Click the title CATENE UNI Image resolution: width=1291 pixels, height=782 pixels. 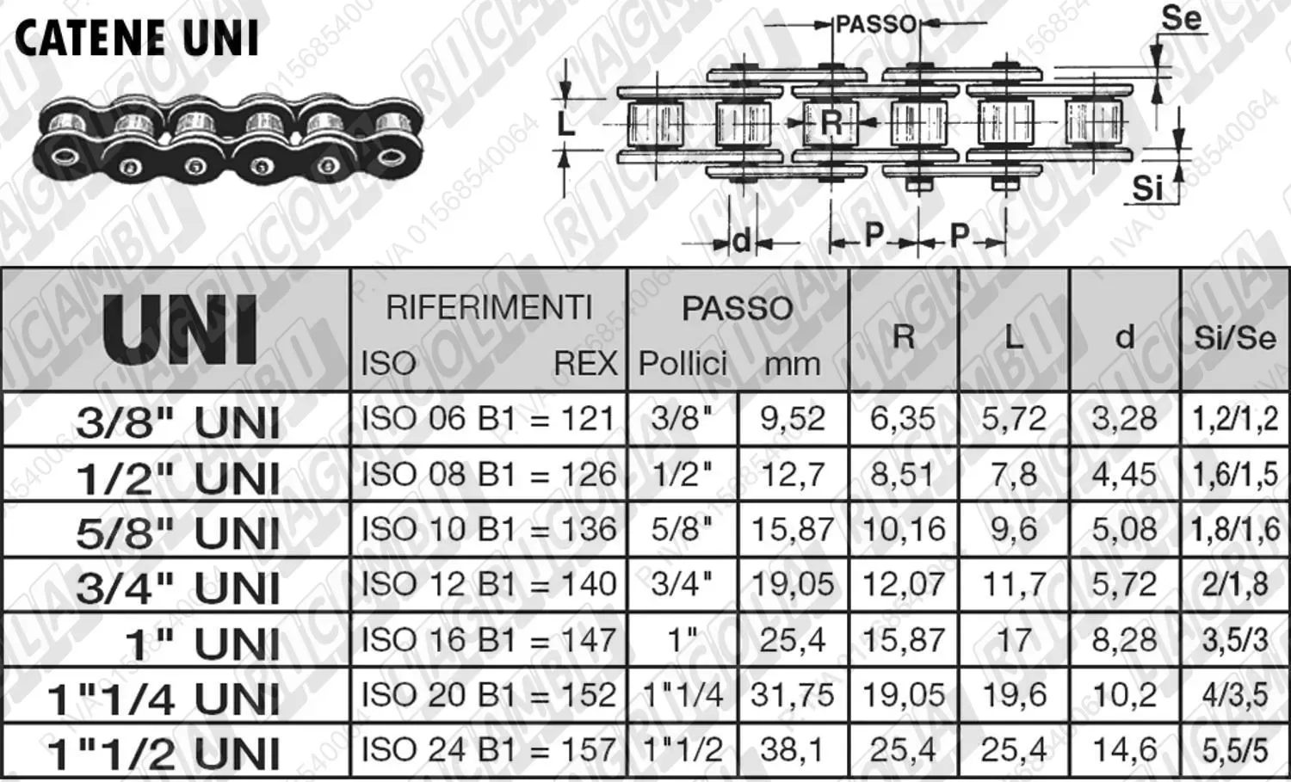[x=137, y=39]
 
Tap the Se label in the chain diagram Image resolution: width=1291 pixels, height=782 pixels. [x=1181, y=18]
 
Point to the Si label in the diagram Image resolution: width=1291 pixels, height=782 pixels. [x=1147, y=188]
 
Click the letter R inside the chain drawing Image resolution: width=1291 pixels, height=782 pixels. [x=831, y=123]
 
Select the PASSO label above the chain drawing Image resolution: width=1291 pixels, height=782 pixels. [x=876, y=24]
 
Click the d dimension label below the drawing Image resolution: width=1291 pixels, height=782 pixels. [x=742, y=240]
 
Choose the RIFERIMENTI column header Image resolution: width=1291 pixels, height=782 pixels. [x=489, y=307]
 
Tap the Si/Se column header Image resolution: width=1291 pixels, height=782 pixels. [x=1234, y=337]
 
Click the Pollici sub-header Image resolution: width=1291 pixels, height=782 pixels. [x=683, y=364]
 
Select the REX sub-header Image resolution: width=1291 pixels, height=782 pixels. [x=585, y=364]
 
